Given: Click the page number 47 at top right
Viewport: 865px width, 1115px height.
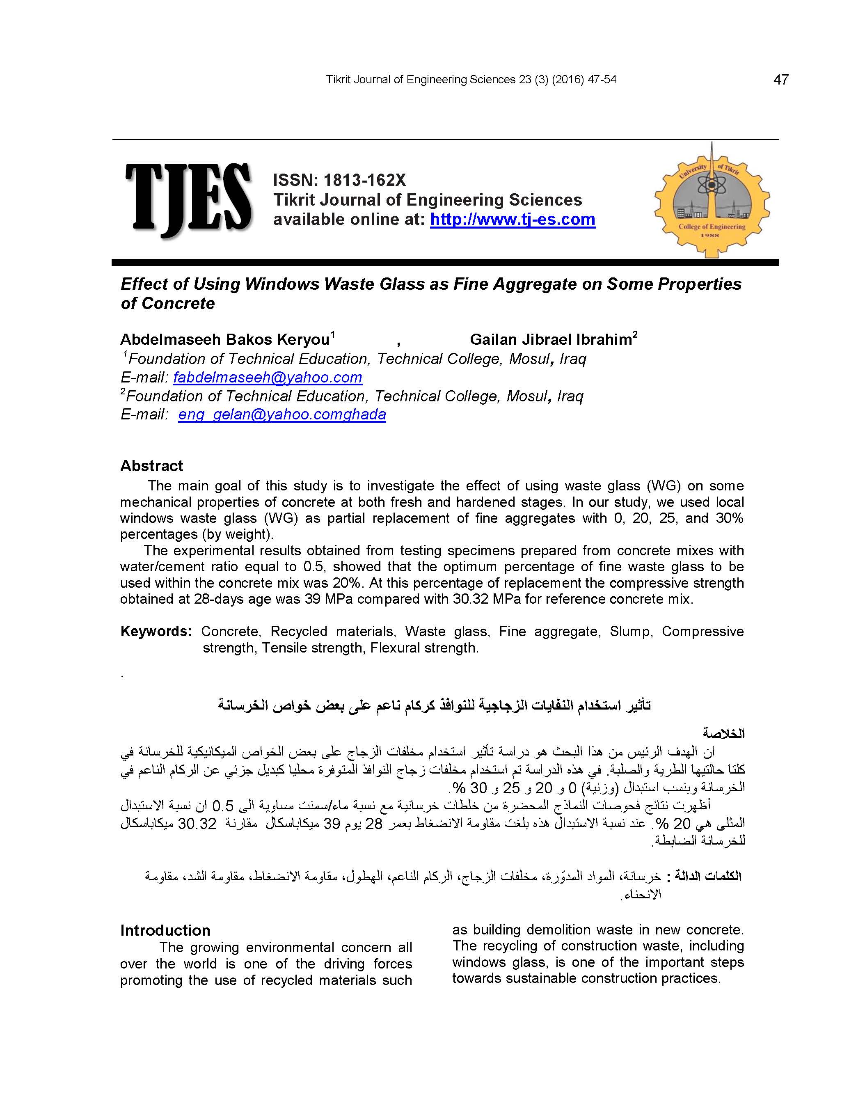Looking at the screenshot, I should click(781, 80).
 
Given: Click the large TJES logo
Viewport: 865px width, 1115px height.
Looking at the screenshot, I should click(188, 199).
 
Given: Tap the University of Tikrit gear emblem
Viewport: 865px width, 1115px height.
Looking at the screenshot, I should click(712, 201).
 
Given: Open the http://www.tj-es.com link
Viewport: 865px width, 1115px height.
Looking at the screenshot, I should click(512, 220).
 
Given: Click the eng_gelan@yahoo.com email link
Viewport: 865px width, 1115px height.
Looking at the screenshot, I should click(282, 414).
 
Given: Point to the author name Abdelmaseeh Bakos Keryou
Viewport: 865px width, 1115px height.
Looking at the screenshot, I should click(225, 339).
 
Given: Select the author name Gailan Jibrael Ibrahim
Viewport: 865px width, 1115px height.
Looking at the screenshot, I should click(550, 339).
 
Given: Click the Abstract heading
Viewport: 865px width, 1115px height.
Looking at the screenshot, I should click(152, 466).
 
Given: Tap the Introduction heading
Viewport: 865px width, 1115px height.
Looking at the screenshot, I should click(165, 930).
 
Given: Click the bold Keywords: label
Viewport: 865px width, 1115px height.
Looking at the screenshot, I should click(156, 632).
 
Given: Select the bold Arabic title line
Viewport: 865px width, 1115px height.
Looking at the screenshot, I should click(435, 705).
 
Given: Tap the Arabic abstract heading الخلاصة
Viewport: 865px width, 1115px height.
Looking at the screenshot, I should click(723, 734).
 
